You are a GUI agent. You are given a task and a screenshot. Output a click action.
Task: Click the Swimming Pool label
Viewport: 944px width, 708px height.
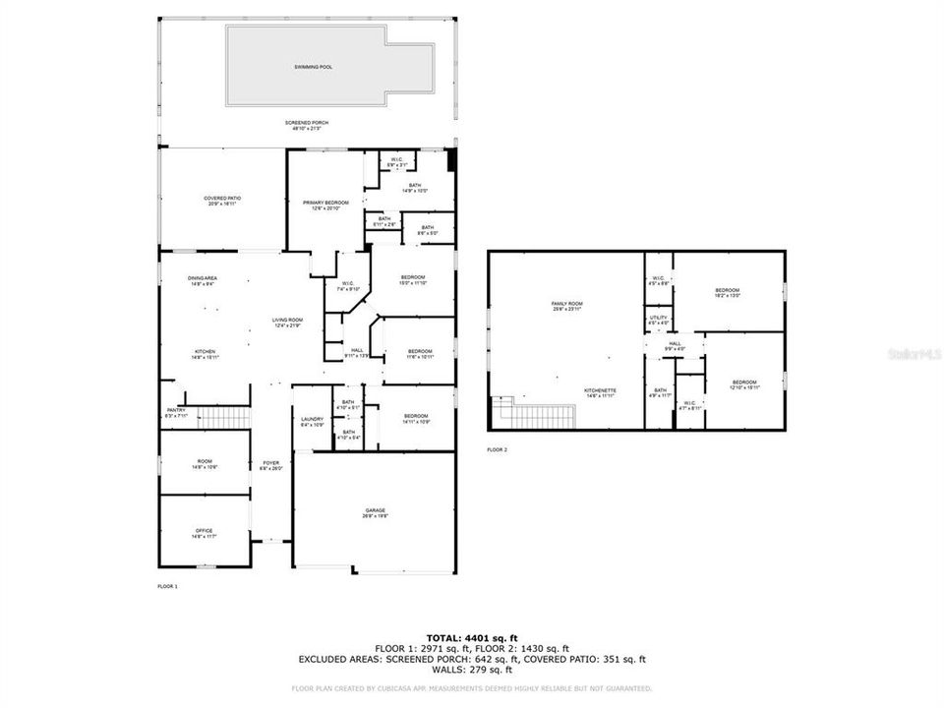[313, 67]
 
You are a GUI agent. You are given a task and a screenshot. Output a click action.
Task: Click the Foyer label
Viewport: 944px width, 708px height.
[270, 465]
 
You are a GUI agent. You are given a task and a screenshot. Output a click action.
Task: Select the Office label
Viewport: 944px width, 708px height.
[204, 533]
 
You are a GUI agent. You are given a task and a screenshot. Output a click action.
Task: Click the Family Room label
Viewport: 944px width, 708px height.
[567, 306]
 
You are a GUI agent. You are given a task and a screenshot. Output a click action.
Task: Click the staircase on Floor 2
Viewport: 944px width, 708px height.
[536, 416]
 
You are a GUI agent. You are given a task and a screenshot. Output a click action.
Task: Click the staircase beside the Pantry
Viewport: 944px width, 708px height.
[221, 416]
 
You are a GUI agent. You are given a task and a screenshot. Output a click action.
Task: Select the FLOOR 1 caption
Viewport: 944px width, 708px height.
[167, 586]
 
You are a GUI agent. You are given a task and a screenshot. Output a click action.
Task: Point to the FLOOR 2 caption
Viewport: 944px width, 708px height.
[498, 449]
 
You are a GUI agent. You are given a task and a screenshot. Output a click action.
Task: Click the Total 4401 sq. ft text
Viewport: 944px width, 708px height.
[471, 638]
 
